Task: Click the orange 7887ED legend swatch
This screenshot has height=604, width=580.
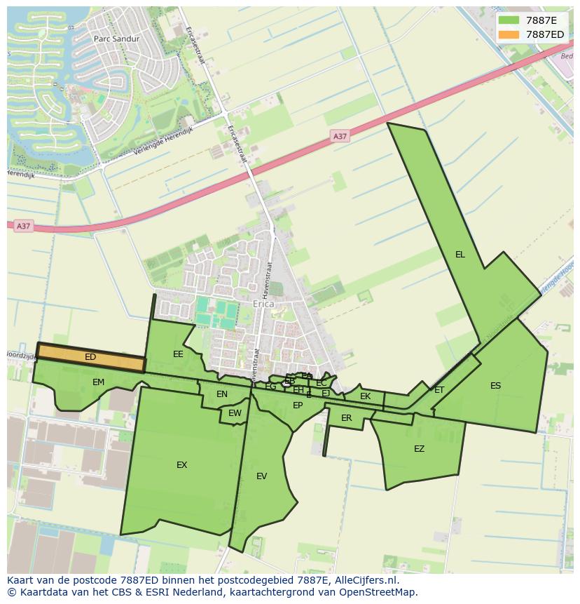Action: click(509, 34)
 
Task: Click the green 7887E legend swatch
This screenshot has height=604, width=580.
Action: click(509, 20)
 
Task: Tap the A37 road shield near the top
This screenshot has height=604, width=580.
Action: click(340, 136)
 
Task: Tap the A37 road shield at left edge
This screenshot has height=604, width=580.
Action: click(23, 226)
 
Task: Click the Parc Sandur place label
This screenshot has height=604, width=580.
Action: click(116, 39)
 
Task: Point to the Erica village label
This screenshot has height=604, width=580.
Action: click(263, 304)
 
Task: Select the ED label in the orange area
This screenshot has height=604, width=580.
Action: click(90, 357)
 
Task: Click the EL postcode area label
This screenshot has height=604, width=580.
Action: click(460, 255)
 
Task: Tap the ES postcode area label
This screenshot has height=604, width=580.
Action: click(495, 385)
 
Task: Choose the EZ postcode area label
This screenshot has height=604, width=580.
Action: click(419, 449)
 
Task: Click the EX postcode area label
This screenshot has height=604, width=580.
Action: click(181, 464)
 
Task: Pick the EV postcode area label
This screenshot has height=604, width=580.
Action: click(261, 476)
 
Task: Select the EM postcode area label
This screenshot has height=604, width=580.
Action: click(98, 382)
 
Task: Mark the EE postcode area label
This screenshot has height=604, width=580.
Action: click(178, 354)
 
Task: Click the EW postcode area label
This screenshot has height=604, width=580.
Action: click(235, 413)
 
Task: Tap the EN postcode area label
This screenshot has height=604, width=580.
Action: click(222, 394)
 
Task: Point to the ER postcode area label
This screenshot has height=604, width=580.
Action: click(346, 418)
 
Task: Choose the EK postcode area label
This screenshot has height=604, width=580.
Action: click(365, 396)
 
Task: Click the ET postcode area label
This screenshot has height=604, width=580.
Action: click(439, 390)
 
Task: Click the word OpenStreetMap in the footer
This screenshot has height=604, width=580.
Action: click(378, 592)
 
